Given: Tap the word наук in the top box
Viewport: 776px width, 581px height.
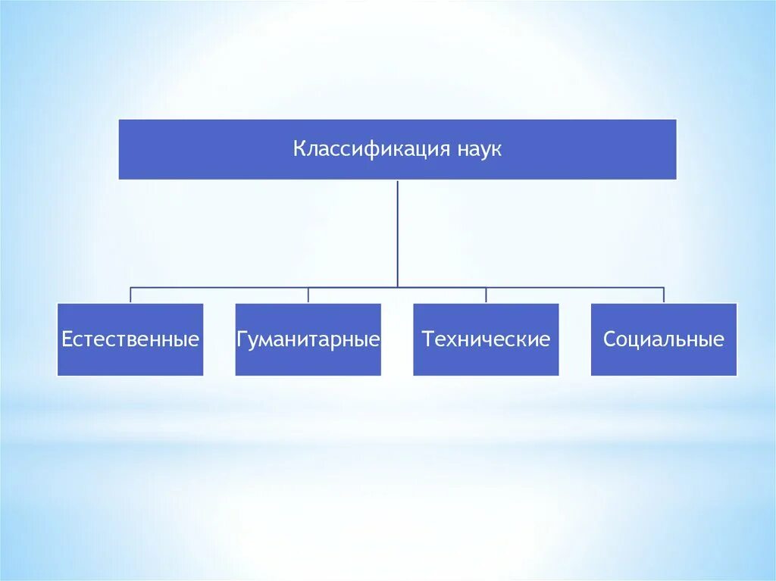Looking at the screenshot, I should [479, 149].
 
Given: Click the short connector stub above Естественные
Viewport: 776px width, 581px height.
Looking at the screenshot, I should [130, 295].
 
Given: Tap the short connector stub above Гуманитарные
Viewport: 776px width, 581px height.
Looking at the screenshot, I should [308, 295].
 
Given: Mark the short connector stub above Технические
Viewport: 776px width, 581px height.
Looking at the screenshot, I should [486, 295].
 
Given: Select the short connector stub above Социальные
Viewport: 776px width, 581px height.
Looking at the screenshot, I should [663, 295].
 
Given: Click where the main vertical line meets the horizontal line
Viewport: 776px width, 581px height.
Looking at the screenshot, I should [397, 287].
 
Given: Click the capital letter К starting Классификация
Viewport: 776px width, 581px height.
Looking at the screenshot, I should [299, 149].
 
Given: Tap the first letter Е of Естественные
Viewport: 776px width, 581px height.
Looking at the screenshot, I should [66, 339].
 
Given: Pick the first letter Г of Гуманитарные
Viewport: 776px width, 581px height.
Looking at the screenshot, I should [242, 339].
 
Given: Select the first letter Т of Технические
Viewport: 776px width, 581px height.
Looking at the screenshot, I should [428, 339].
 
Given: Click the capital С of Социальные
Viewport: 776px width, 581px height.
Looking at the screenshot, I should [609, 339].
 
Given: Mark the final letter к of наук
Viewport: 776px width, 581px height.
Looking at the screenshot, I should [496, 150].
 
